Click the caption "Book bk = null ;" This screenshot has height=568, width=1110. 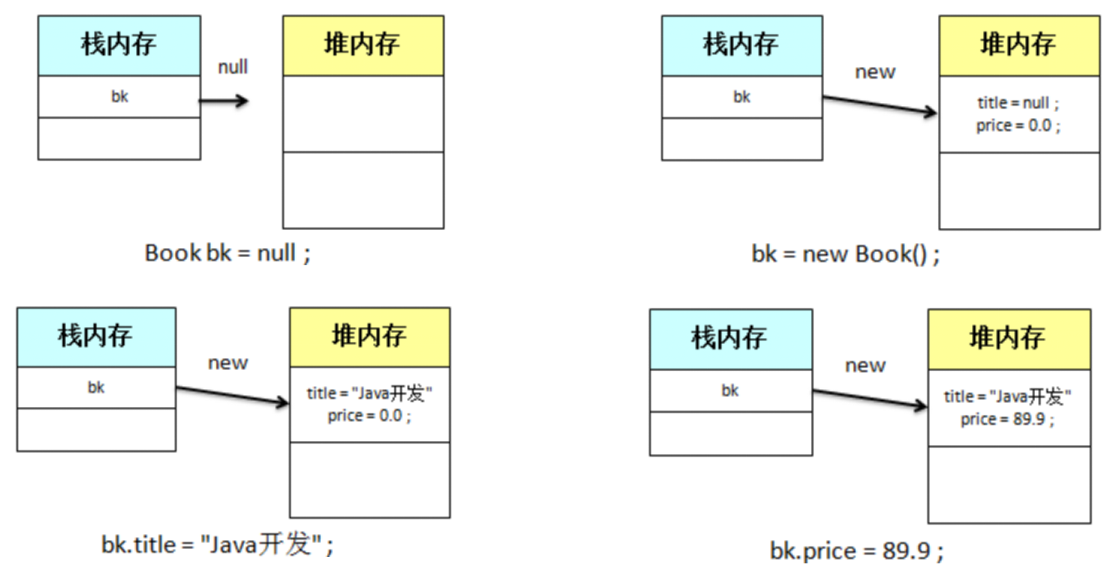coord(227,253)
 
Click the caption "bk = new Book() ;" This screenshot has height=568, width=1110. coord(845,254)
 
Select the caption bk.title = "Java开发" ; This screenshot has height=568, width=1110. coord(217,544)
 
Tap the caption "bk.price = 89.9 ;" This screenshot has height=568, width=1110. coord(856,551)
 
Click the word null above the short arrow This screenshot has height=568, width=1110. coord(232,67)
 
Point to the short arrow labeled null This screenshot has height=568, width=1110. coord(224,101)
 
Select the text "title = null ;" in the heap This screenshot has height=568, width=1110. coord(1018,103)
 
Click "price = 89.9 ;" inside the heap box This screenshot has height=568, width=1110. coord(1007,419)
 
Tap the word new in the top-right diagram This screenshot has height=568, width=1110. coord(875,72)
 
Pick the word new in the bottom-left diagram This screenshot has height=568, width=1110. coord(228,363)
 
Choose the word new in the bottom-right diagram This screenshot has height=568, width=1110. coord(865,365)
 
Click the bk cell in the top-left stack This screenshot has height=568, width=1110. coord(119,97)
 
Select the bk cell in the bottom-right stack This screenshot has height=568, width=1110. coord(730,391)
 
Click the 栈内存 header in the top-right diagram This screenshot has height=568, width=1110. coord(741,45)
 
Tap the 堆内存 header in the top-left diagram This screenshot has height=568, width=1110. coord(363,45)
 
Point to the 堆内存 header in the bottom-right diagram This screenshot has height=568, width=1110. coord(1008,338)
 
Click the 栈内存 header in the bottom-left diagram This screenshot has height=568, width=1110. coord(96,336)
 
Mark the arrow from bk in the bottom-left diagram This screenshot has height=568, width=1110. coord(232,395)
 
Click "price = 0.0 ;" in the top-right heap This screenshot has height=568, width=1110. coord(1018,125)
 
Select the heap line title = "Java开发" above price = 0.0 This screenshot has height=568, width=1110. coord(369,394)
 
